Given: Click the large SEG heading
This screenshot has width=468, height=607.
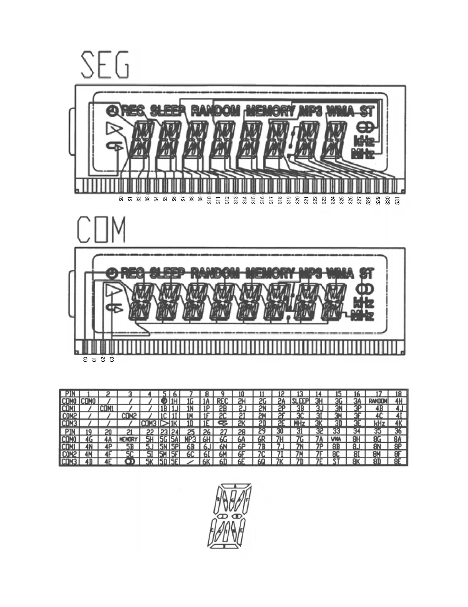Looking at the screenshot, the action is click(105, 66).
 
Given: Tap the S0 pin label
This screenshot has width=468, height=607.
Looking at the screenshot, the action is click(121, 199).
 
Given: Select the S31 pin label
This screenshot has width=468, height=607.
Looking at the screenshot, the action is click(397, 200).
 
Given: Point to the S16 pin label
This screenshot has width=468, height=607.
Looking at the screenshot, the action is click(262, 200).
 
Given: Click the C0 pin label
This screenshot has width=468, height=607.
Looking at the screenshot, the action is click(85, 359).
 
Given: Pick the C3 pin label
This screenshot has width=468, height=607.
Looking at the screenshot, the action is click(112, 359).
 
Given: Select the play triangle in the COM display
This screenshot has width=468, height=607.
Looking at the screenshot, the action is click(114, 291).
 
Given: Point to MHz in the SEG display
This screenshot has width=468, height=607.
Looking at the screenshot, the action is click(363, 154).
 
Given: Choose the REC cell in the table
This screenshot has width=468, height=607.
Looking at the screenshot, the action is click(222, 401).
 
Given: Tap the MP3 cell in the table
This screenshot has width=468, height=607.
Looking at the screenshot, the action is click(190, 440).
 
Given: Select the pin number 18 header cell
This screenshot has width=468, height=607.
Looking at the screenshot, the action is click(398, 394).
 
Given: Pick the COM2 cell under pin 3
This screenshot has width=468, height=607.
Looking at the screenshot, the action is click(130, 416).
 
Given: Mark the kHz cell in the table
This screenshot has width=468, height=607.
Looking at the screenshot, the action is click(379, 423).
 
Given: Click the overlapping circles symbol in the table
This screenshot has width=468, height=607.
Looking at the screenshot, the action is click(130, 462).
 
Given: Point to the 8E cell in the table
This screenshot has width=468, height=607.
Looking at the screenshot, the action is click(398, 462).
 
